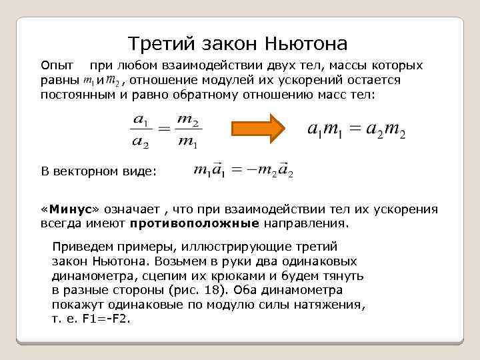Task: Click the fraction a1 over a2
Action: (141, 129)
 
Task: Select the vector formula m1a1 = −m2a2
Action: (243, 171)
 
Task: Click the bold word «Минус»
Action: (70, 209)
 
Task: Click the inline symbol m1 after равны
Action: (88, 81)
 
